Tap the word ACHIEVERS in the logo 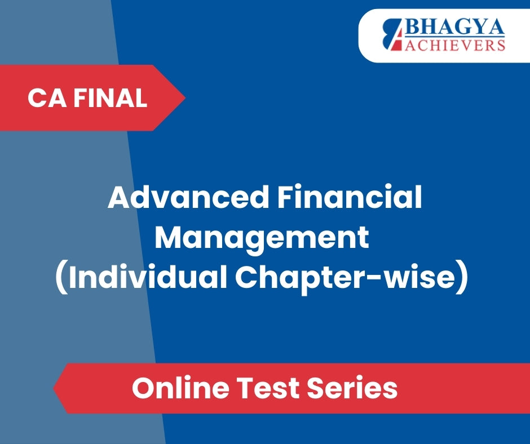[455, 45]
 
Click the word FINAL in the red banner [111, 98]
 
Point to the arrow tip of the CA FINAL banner [185, 97]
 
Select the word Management [262, 238]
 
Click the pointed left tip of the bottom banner [54, 388]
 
